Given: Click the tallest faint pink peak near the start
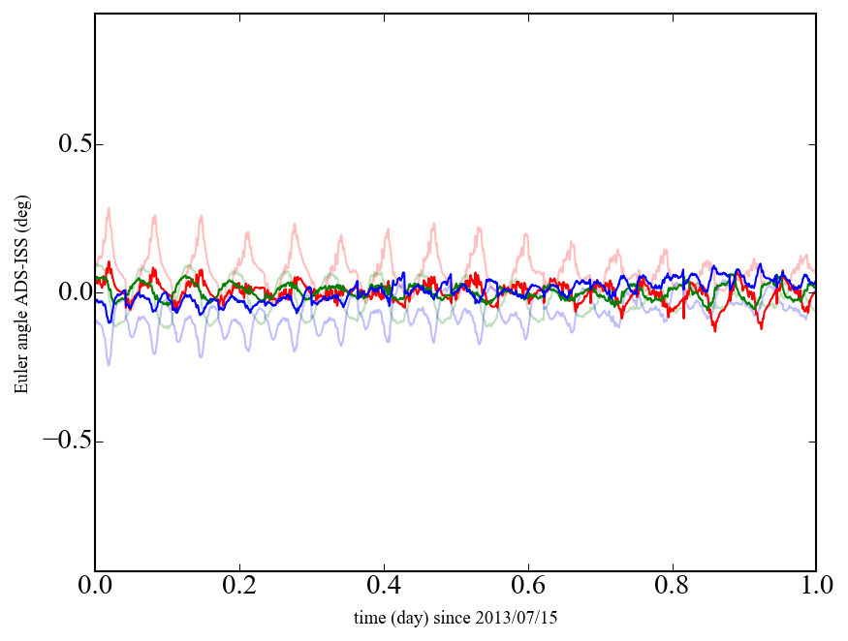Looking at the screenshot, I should click(109, 208).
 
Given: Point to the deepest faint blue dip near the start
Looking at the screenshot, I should click(109, 364).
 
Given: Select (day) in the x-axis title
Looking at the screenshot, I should click(414, 617).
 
